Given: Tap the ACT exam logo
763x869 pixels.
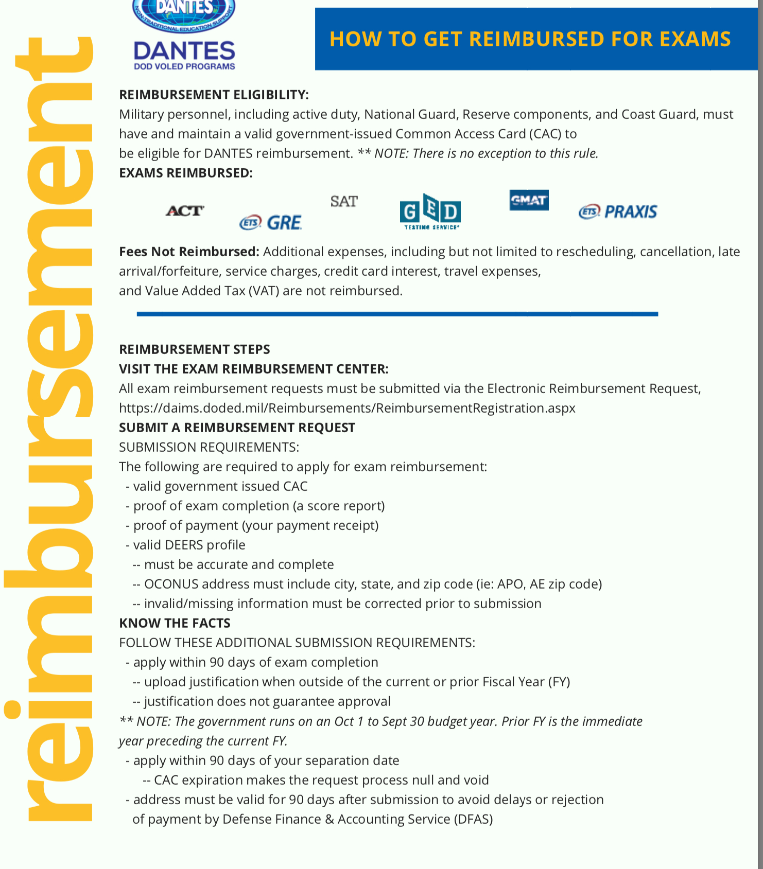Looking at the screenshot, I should click(x=184, y=210).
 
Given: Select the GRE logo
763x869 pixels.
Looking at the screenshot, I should click(x=271, y=223).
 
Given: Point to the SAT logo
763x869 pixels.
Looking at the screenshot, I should click(x=344, y=201).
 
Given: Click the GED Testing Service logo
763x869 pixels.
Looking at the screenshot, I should click(x=430, y=211).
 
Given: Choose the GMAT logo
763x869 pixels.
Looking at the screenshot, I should click(x=529, y=200).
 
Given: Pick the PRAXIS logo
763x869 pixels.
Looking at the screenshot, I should click(x=618, y=211).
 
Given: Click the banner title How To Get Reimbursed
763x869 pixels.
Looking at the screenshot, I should click(x=530, y=39).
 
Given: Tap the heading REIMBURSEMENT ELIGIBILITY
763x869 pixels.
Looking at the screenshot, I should click(x=214, y=95).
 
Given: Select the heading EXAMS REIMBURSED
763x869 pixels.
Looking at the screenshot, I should click(x=186, y=173).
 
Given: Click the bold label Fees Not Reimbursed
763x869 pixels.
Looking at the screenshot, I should click(x=189, y=252).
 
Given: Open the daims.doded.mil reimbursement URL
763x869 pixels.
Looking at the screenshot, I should click(x=347, y=408).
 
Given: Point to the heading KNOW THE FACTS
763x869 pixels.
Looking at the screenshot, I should click(x=175, y=623).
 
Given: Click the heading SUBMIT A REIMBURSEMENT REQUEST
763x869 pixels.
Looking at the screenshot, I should click(x=237, y=428).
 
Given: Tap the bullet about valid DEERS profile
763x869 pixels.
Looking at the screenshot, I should click(x=189, y=545).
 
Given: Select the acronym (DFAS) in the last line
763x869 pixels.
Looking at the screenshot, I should click(x=473, y=819).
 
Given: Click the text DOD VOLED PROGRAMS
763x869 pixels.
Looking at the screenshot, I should click(x=184, y=66).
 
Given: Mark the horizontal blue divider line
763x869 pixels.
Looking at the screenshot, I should click(x=397, y=314).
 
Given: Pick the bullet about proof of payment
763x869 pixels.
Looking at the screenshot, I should click(x=255, y=525).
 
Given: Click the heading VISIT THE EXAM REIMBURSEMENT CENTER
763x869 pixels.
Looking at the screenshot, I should click(x=253, y=369).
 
